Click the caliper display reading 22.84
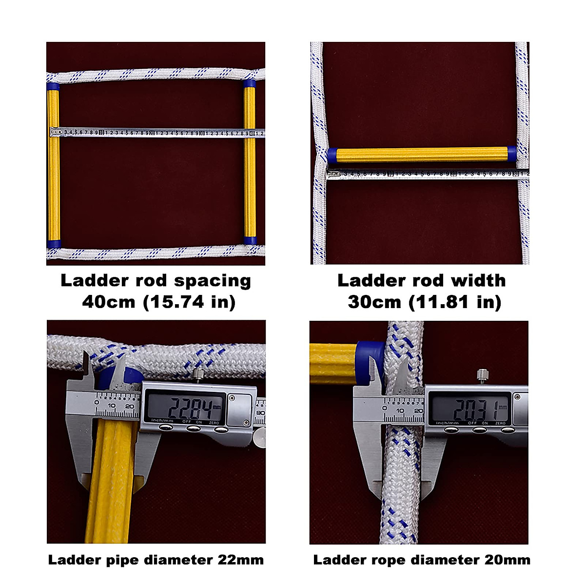(x=187, y=406)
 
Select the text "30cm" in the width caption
(x=374, y=302)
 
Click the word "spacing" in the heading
(x=213, y=281)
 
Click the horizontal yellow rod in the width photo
(x=422, y=155)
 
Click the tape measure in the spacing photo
(x=156, y=132)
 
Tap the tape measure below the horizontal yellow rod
(x=424, y=173)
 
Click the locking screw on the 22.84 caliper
(x=198, y=375)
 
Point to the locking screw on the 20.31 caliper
(x=480, y=375)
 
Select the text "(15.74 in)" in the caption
(x=189, y=302)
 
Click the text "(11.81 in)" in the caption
(x=455, y=302)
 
